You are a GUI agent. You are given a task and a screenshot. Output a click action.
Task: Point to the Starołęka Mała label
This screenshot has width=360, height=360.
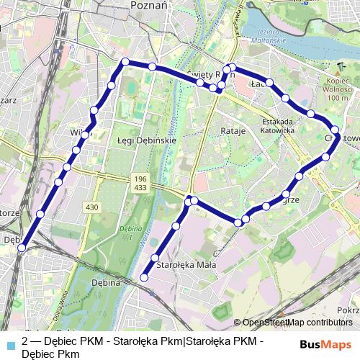(x=186, y=265)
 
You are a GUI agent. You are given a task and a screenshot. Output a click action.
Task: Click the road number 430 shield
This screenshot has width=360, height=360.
(x=91, y=207)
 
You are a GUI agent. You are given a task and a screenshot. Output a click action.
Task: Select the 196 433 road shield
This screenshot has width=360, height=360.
(x=140, y=183)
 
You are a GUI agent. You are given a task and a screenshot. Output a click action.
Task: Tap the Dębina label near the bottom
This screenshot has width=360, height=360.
(x=105, y=283)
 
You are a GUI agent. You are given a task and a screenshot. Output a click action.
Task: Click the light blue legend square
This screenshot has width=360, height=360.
(x=9, y=343)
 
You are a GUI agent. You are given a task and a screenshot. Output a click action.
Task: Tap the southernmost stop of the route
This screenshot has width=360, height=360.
(x=144, y=277)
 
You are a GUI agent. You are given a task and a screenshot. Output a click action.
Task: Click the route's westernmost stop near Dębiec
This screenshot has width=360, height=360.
(x=22, y=248)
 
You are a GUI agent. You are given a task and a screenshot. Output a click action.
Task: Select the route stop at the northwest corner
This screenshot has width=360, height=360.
(x=125, y=62)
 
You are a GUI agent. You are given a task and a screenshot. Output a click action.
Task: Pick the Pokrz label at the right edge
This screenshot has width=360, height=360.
(x=348, y=310)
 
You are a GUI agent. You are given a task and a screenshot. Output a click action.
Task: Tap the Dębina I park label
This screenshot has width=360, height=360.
(x=129, y=233)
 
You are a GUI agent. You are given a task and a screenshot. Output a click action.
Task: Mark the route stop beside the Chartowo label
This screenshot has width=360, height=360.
(x=335, y=130)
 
